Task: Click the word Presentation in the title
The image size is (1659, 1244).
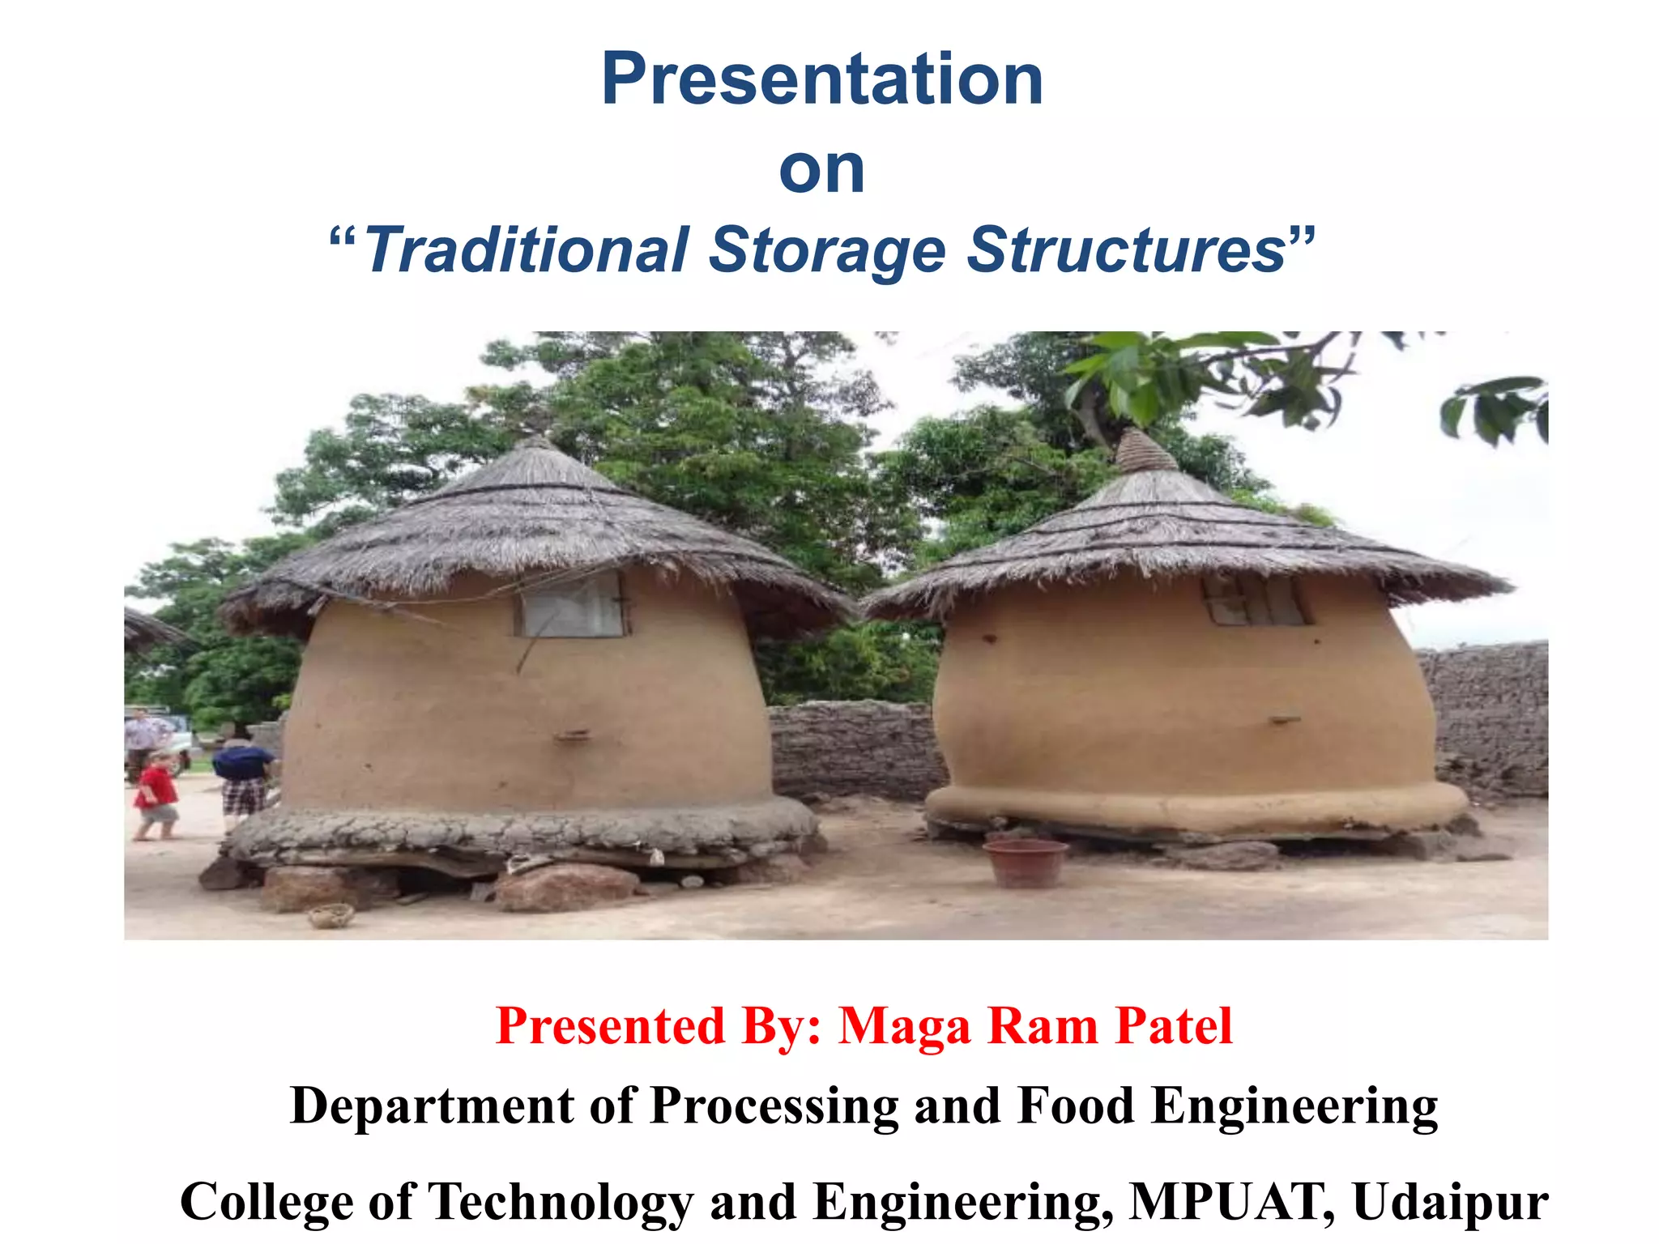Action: [822, 79]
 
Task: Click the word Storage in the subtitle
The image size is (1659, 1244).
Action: [827, 252]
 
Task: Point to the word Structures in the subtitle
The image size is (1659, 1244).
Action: [1126, 250]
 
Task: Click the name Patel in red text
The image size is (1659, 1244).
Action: [1174, 1026]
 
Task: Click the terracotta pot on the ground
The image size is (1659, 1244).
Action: [1026, 863]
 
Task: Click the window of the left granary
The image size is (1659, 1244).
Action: [572, 605]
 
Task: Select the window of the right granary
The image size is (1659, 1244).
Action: [1255, 599]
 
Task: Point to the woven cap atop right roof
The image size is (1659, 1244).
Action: [1145, 452]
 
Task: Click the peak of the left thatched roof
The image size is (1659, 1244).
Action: [535, 444]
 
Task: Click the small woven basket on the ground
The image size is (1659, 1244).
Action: [331, 915]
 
